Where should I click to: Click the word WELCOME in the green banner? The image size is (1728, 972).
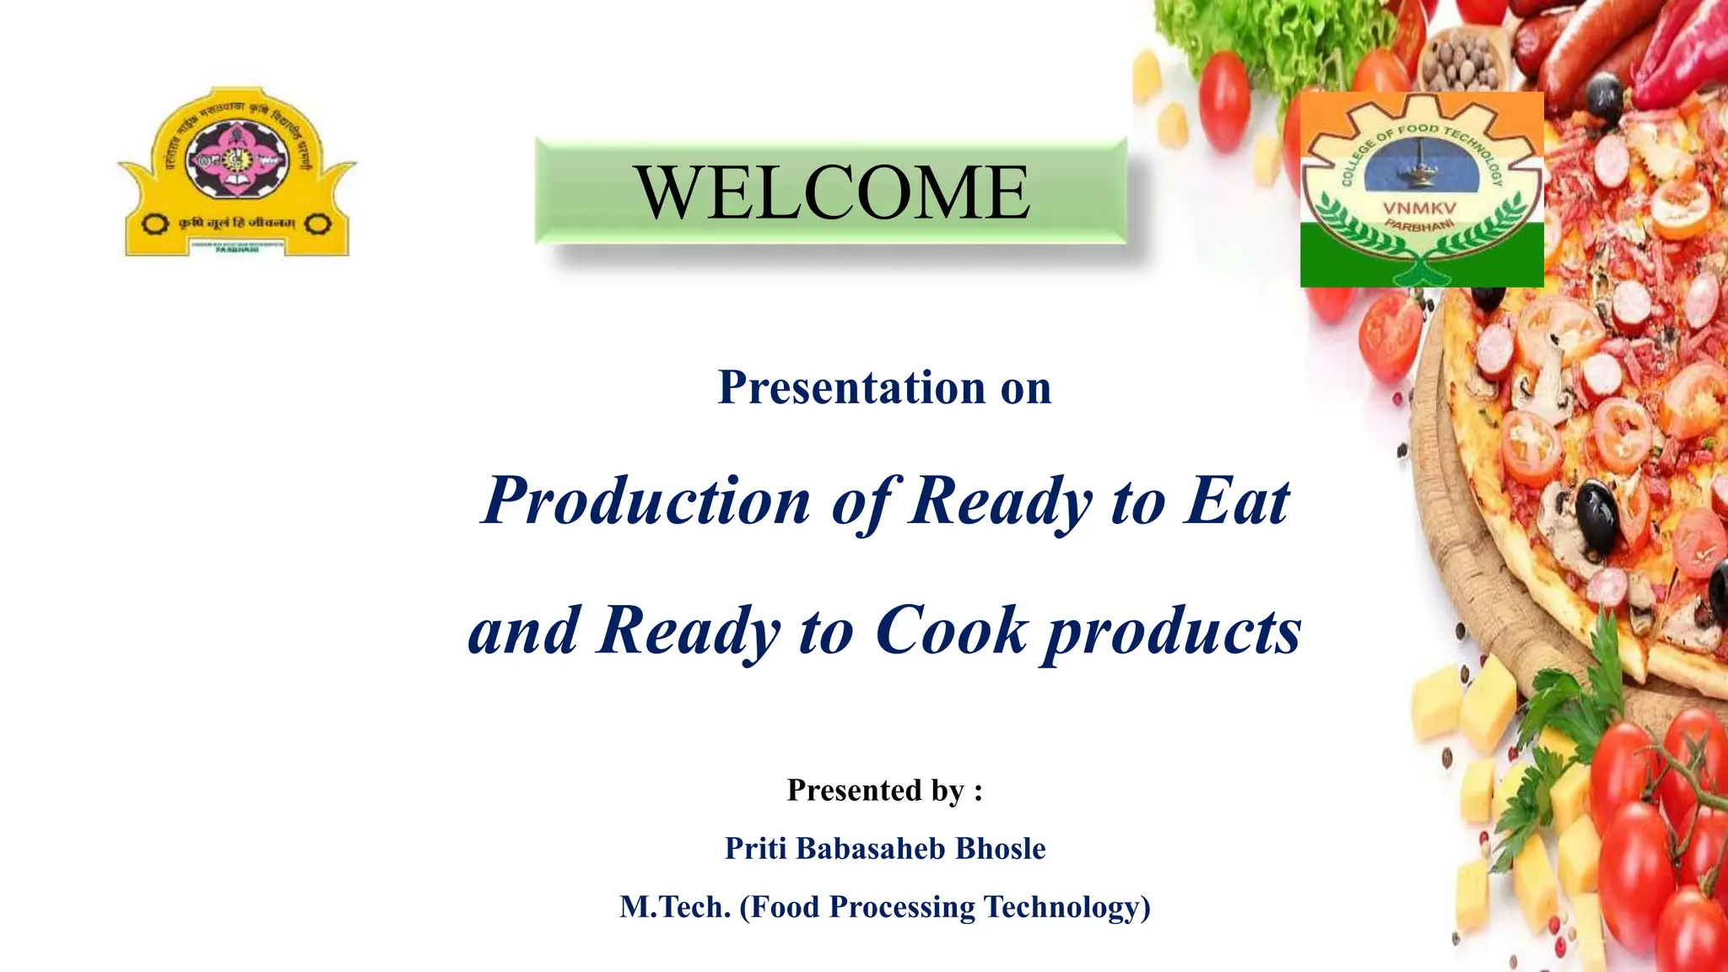(832, 192)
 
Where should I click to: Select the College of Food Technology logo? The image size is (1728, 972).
(1422, 190)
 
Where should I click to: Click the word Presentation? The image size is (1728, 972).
(851, 388)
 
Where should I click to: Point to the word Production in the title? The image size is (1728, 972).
(646, 501)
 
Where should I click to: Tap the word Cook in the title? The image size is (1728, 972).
(952, 630)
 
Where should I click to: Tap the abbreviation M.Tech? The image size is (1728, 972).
(675, 907)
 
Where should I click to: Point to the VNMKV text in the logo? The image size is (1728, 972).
(1419, 208)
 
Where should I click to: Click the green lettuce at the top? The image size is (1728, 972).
(1266, 34)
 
